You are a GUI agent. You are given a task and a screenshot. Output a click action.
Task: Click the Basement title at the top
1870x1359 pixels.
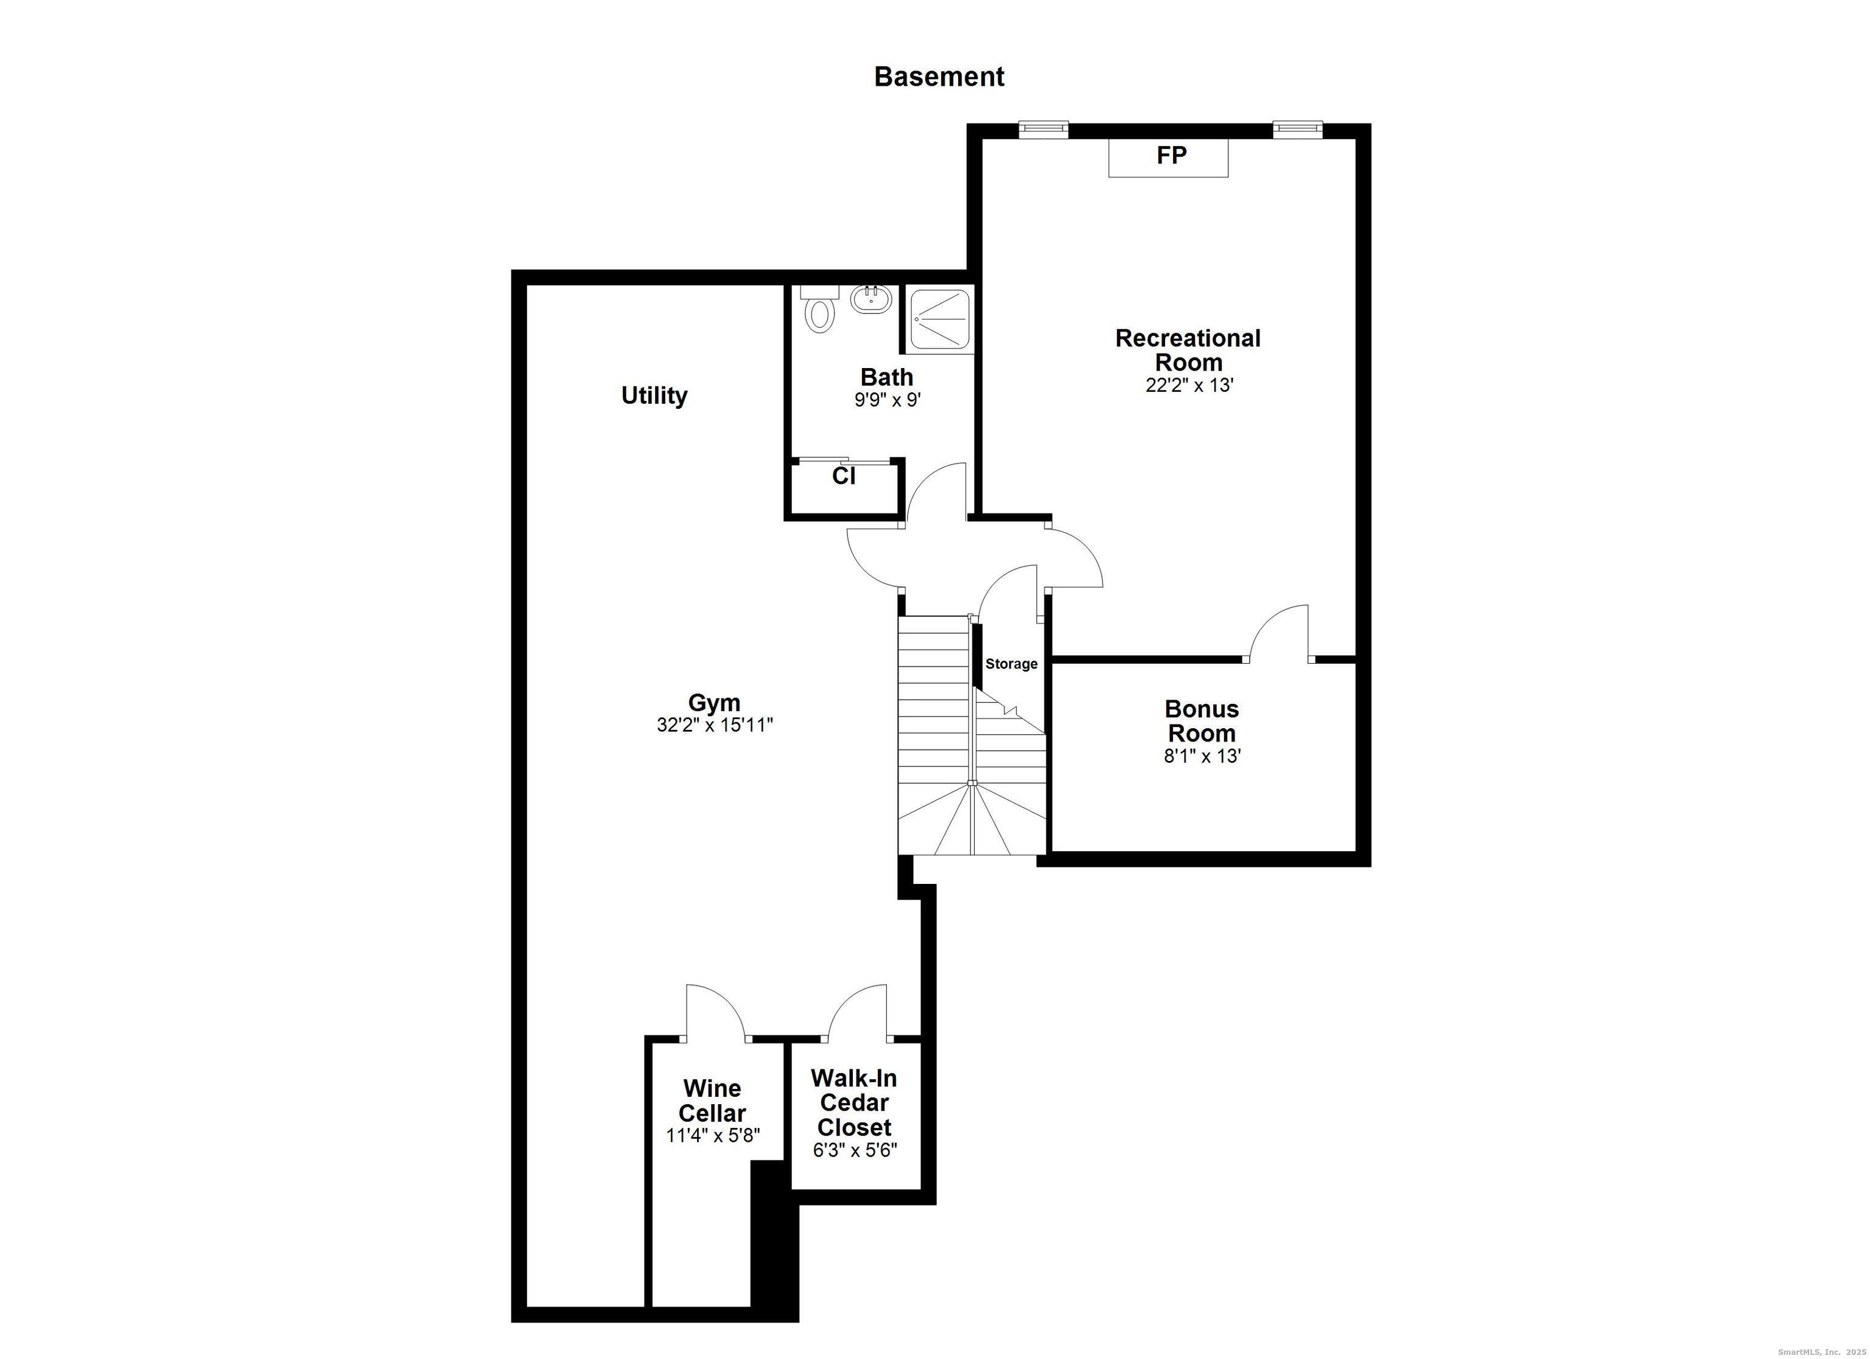pos(939,77)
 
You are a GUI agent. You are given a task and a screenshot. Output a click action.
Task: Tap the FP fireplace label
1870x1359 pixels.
pos(1171,155)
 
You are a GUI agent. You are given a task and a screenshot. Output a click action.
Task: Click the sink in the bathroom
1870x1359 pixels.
pos(870,298)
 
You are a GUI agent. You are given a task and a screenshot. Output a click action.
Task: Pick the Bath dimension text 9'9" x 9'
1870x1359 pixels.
pos(886,400)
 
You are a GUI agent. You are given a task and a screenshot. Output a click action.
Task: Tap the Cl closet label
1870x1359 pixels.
pos(844,476)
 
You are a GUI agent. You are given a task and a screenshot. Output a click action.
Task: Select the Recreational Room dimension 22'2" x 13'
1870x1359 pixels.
pos(1188,385)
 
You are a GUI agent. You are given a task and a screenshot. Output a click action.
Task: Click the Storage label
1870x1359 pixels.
pos(1011,664)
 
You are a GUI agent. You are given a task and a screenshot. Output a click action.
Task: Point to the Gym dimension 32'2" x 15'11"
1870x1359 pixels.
pos(714,725)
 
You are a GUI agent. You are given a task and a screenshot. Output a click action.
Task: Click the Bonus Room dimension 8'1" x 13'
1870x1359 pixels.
pos(1202,756)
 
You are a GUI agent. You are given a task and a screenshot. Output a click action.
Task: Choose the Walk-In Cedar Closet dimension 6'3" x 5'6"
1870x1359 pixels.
pos(854,1150)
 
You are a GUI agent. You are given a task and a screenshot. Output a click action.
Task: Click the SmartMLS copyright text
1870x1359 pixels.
pos(1819,1352)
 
